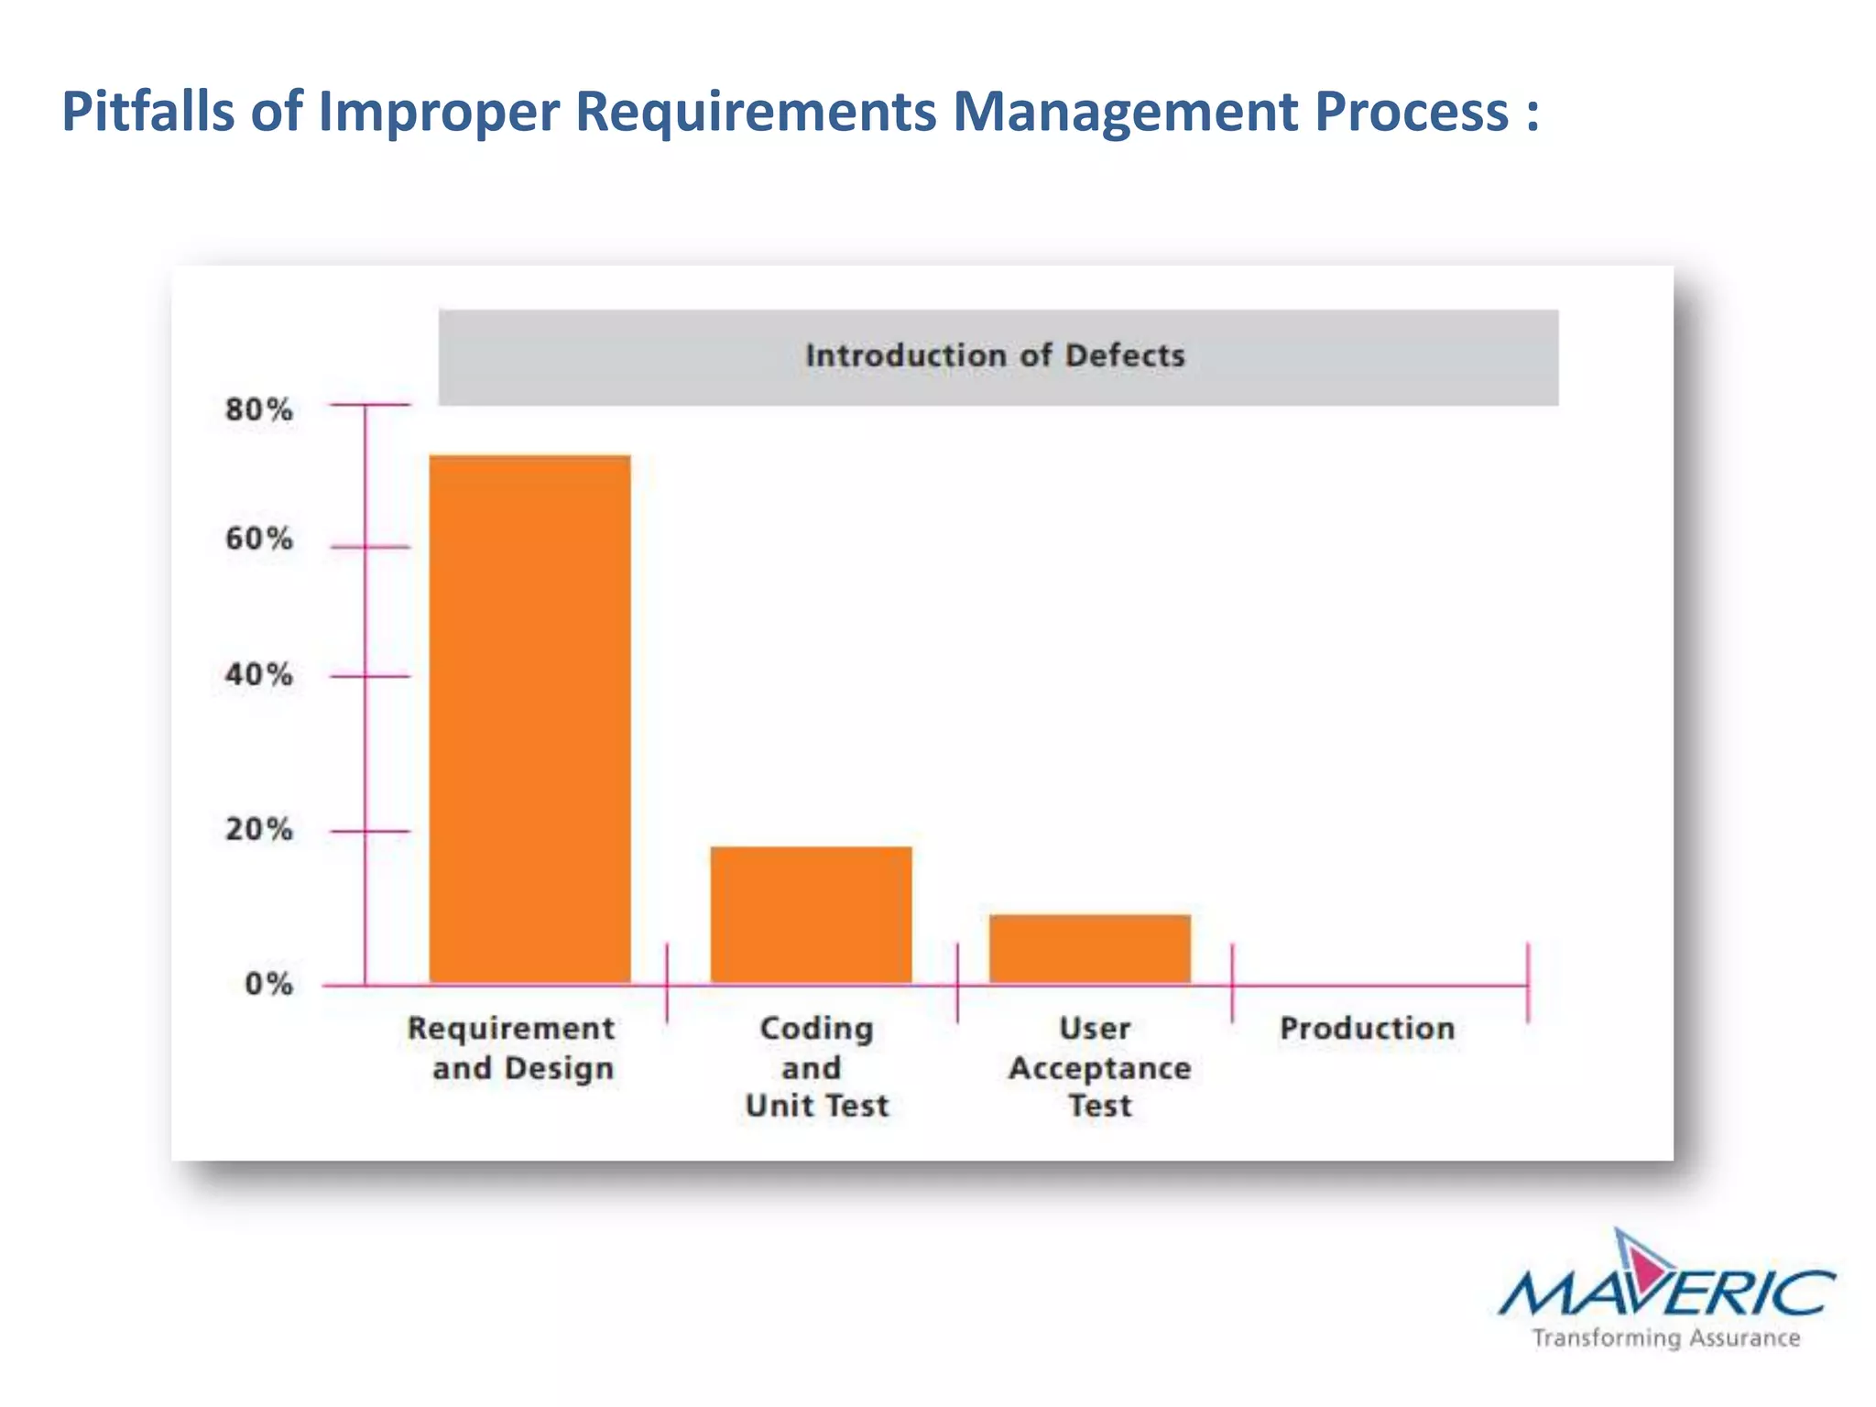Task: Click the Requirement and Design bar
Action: pyautogui.click(x=529, y=719)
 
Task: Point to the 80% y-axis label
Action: pyautogui.click(x=258, y=409)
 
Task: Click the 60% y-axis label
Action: pyautogui.click(x=258, y=539)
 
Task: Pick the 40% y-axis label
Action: pyautogui.click(x=258, y=675)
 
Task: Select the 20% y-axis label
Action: pyautogui.click(x=258, y=830)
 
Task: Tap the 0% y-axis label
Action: pyautogui.click(x=267, y=985)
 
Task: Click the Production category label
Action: pyautogui.click(x=1367, y=1029)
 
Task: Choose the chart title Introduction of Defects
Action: pyautogui.click(x=995, y=355)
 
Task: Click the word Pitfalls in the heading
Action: pyautogui.click(x=147, y=112)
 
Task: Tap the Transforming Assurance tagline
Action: pyautogui.click(x=1665, y=1338)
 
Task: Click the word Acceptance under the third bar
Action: pyautogui.click(x=1099, y=1068)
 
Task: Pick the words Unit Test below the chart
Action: pyautogui.click(x=817, y=1107)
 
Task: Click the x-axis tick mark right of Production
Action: pyautogui.click(x=1527, y=983)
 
